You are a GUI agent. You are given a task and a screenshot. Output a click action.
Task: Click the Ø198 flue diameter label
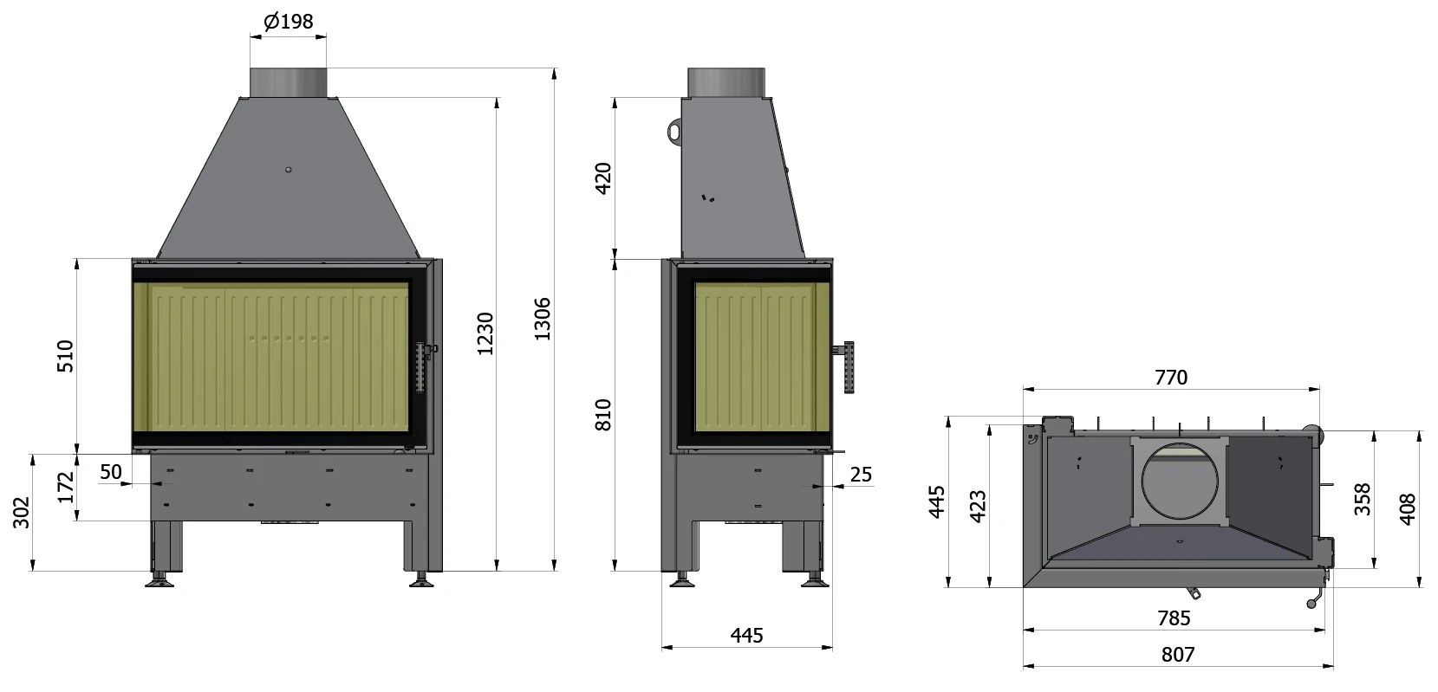pyautogui.click(x=289, y=21)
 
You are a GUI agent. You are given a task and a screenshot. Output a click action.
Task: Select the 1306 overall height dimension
pyautogui.click(x=543, y=319)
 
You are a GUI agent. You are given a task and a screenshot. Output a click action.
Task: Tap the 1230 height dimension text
pyautogui.click(x=485, y=333)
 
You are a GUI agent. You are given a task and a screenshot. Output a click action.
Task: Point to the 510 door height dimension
pyautogui.click(x=66, y=357)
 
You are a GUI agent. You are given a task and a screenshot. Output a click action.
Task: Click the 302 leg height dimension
pyautogui.click(x=22, y=513)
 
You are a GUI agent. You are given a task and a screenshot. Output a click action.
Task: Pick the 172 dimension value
pyautogui.click(x=66, y=488)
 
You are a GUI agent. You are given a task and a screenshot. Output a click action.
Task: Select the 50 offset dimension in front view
pyautogui.click(x=110, y=472)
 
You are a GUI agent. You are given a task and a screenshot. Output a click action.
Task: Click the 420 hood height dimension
pyautogui.click(x=603, y=179)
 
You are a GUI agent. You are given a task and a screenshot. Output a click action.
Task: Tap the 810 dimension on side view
pyautogui.click(x=603, y=415)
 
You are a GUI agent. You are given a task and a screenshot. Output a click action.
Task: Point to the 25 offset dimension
pyautogui.click(x=861, y=475)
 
